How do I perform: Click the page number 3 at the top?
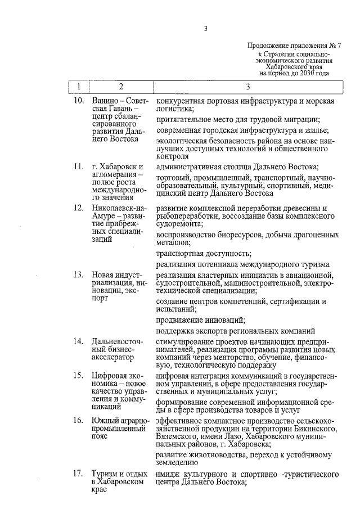[206, 29]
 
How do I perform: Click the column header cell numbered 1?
[79, 87]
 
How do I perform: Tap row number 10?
[79, 101]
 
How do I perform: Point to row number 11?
[79, 168]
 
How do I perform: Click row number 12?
[79, 209]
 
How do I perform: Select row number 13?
[79, 275]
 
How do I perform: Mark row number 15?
[79, 375]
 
